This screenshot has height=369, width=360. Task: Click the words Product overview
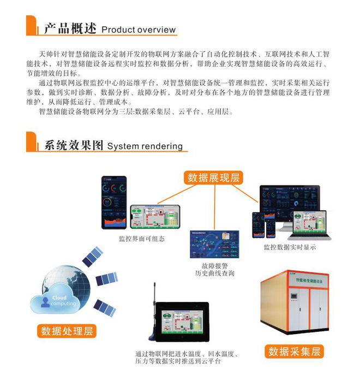139,29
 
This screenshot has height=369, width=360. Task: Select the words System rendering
145,146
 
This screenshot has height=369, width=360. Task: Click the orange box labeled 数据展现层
214,177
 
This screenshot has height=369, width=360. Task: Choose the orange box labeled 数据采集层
293,352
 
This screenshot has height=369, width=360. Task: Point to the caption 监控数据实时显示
290,247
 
